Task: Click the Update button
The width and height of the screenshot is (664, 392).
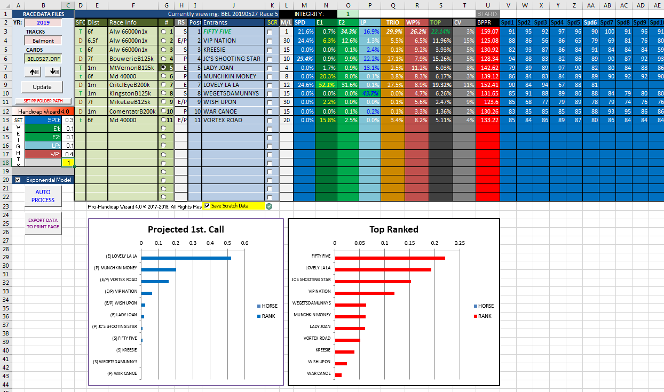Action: [x=42, y=87]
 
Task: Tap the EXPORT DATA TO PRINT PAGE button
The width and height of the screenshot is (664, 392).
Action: [x=43, y=223]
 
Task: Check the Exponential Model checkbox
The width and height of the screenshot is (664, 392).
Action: [x=18, y=180]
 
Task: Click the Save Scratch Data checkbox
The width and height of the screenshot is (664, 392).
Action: [x=207, y=206]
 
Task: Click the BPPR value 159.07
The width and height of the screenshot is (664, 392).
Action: [x=488, y=31]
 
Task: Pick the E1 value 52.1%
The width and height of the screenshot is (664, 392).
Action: [x=326, y=85]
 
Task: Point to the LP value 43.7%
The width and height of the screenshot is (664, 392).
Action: [x=370, y=93]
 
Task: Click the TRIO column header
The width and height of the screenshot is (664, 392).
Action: [x=392, y=22]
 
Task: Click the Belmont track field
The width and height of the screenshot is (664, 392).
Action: [x=43, y=41]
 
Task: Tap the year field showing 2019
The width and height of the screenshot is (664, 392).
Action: [x=43, y=22]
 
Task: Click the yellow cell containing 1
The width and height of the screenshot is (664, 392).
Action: [x=68, y=162]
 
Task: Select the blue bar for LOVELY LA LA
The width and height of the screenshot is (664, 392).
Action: [x=186, y=258]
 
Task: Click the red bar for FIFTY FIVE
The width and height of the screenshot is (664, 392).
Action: [x=390, y=258]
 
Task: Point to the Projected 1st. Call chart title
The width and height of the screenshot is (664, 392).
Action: [x=186, y=229]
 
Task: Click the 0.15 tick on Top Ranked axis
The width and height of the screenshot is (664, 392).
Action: [x=409, y=243]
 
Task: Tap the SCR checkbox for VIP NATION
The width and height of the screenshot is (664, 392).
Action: [x=270, y=41]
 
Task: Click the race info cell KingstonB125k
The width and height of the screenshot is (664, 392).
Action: [x=132, y=93]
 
